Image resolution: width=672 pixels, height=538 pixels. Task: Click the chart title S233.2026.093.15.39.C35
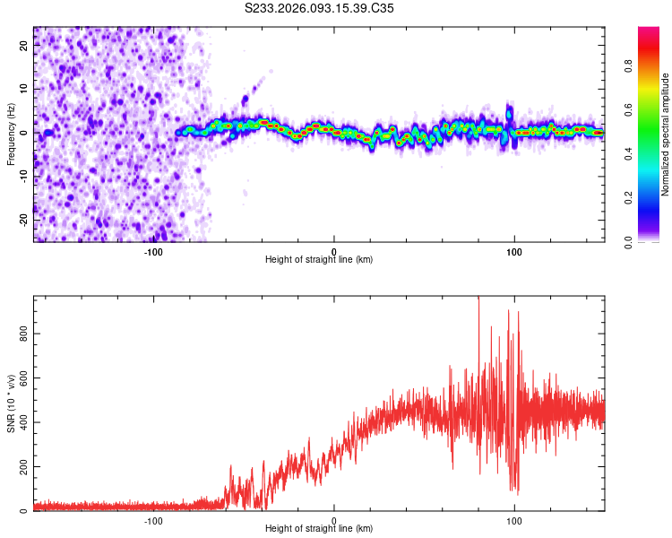(320, 8)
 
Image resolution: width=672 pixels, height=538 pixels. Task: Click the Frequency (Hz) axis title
(11, 133)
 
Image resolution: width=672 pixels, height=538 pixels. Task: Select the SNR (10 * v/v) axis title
(11, 403)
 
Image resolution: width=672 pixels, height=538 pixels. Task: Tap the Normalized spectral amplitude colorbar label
(665, 134)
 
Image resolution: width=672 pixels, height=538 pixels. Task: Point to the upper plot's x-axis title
(319, 259)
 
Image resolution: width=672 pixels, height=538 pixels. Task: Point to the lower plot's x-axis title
(319, 528)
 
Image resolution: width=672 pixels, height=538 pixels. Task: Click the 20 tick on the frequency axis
(24, 47)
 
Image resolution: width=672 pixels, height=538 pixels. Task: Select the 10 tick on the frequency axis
(24, 90)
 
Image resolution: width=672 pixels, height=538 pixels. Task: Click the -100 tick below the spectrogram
(153, 252)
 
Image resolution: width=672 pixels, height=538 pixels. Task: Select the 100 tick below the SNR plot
(514, 521)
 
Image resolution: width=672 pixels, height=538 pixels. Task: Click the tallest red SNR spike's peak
(478, 299)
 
